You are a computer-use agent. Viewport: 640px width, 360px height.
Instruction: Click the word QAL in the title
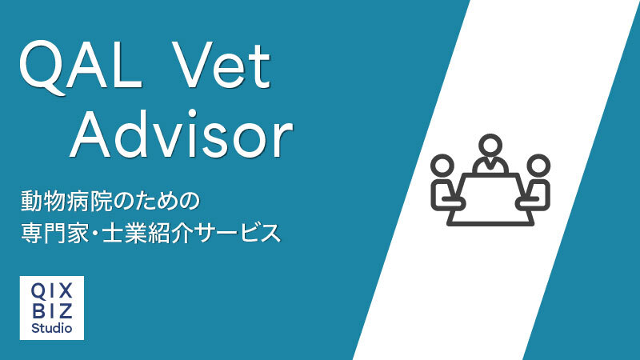coord(81,67)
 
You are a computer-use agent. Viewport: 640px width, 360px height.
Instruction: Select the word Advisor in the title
coord(182,134)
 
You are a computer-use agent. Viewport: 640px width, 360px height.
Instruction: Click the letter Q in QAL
coord(42,68)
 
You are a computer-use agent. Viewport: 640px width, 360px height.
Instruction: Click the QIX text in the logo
coord(52,291)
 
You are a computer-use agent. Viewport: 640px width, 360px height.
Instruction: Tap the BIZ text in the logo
coord(52,310)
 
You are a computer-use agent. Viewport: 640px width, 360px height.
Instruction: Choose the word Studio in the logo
coord(52,328)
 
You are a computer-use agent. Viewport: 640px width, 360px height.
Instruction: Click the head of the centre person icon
coord(490,146)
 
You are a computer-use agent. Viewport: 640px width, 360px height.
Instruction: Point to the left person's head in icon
coord(442,166)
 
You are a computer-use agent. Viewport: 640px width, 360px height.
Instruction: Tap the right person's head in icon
coord(538,166)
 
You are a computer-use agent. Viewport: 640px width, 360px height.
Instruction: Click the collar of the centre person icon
coord(490,163)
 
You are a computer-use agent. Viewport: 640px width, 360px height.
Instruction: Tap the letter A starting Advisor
coord(91,134)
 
